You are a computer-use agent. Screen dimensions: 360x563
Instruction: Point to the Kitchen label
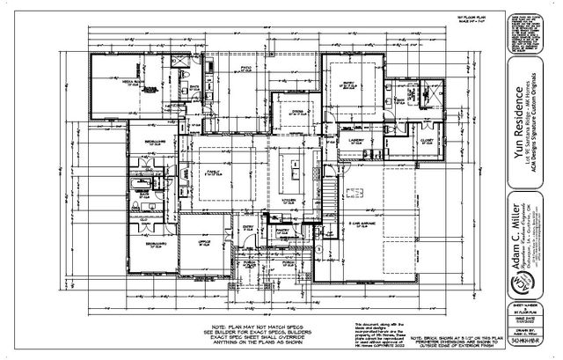click(x=289, y=201)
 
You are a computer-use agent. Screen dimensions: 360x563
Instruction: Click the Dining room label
click(x=297, y=113)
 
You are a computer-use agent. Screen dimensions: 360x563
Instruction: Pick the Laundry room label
click(x=357, y=138)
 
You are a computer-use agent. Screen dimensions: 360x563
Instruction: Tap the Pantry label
click(x=284, y=231)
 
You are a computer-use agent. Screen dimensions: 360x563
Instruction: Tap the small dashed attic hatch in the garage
click(x=356, y=192)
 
